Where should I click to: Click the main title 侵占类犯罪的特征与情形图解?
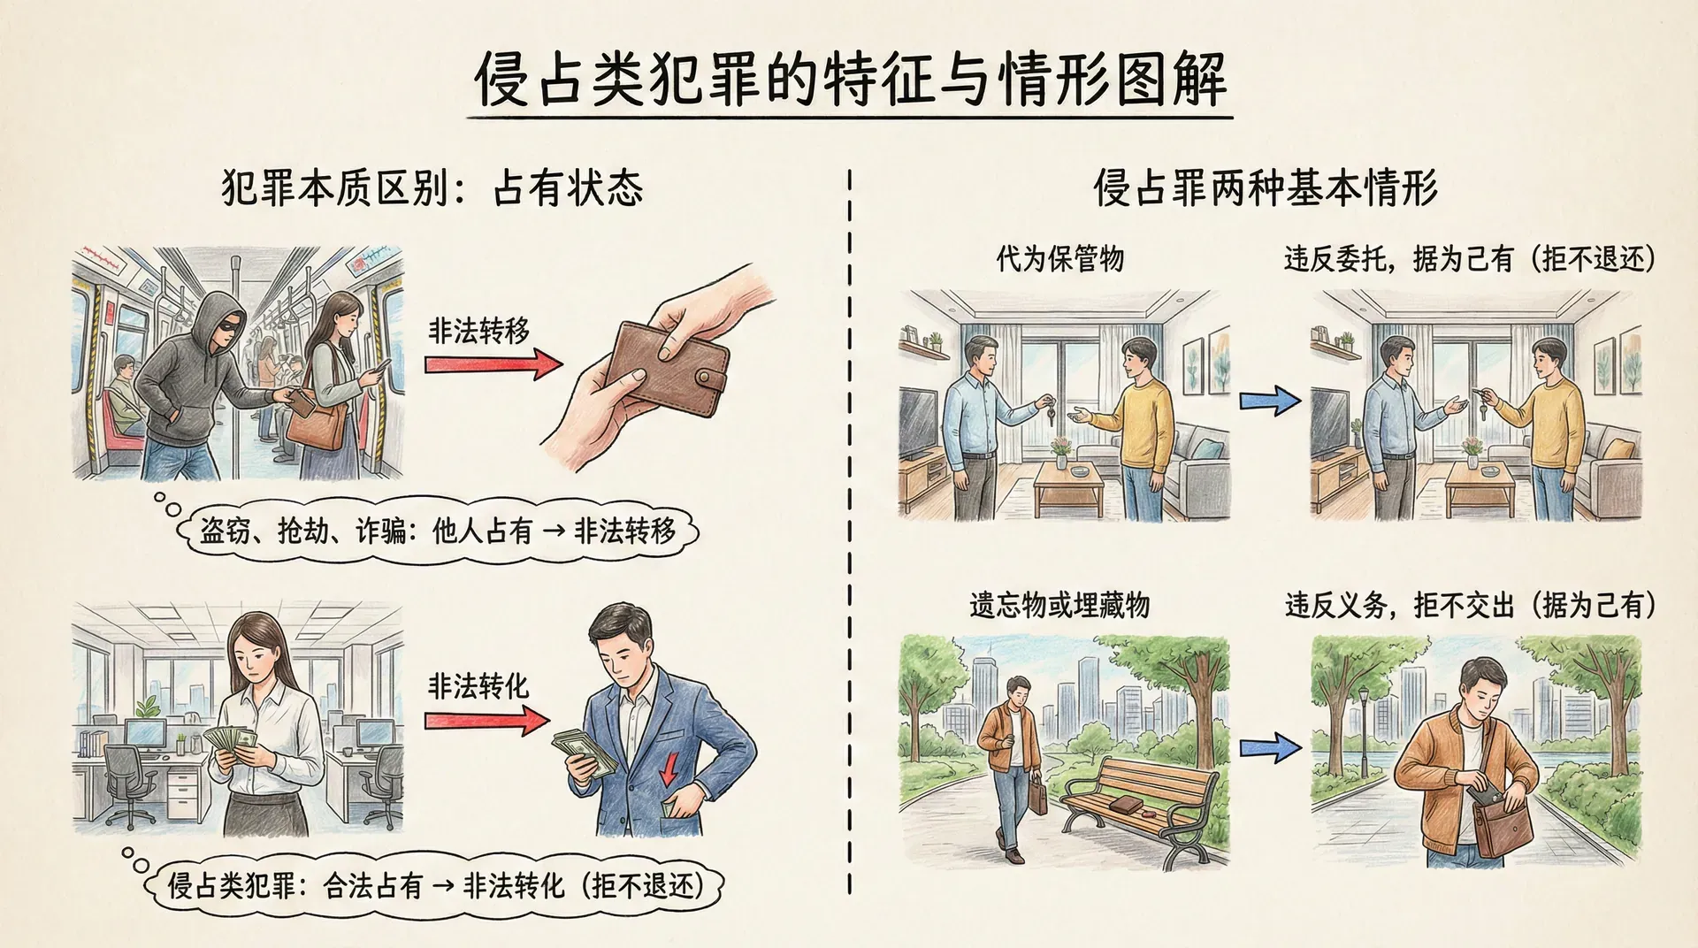point(850,80)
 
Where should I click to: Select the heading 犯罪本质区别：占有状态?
point(432,188)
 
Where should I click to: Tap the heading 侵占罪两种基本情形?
point(1266,188)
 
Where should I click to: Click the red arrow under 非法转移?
point(493,364)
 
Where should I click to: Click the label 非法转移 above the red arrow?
point(478,331)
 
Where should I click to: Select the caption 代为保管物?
point(1059,259)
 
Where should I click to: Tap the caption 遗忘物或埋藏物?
point(1059,606)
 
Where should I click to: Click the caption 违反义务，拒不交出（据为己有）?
point(1470,606)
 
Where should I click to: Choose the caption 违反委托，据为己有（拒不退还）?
point(1470,259)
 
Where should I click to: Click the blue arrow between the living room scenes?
point(1270,401)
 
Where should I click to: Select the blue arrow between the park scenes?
point(1270,748)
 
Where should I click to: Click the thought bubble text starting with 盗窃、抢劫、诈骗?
point(438,531)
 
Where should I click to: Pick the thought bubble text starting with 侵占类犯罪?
point(436,885)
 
